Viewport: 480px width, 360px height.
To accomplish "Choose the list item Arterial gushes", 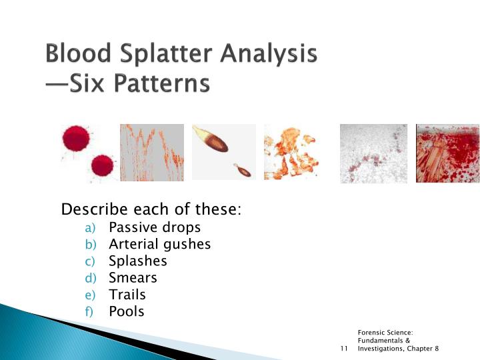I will [x=159, y=244].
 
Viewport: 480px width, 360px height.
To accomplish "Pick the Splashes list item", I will [x=137, y=261].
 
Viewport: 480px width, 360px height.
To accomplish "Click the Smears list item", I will [x=133, y=277].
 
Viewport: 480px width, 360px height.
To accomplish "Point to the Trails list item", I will [x=127, y=294].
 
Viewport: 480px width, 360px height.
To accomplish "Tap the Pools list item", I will [x=126, y=311].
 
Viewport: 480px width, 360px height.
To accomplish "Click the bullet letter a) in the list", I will [x=91, y=228].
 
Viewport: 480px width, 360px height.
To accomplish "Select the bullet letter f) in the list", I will [x=91, y=311].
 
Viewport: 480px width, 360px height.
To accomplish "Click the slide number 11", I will [x=344, y=349].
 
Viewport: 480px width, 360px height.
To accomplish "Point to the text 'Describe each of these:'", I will [x=151, y=209].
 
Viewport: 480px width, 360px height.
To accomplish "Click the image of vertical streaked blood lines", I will [x=151, y=153].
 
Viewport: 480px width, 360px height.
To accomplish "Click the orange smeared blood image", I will [x=291, y=153].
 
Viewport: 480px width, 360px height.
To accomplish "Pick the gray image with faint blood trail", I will [x=373, y=153].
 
